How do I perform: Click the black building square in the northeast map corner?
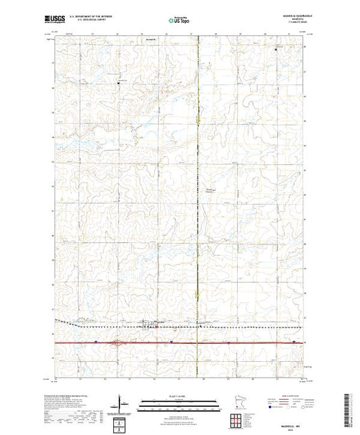coord(277,50)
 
